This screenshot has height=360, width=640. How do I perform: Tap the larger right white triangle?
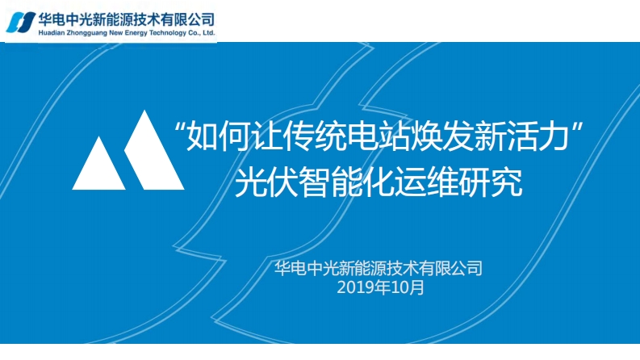coord(153,156)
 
